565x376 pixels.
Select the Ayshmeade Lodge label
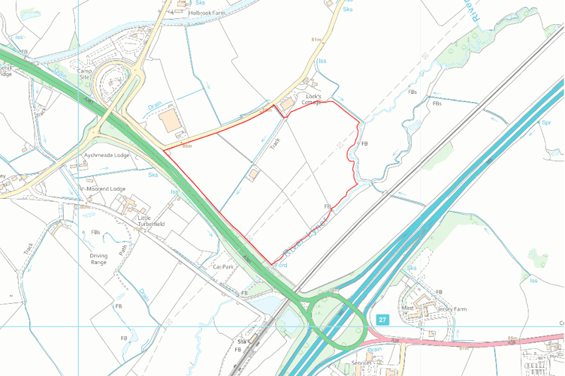(107, 155)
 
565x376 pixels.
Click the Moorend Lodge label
(107, 188)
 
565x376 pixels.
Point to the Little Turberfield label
(151, 221)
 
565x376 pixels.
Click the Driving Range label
(99, 258)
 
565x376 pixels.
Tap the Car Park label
(225, 266)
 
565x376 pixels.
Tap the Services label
(363, 363)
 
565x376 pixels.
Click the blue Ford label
(282, 266)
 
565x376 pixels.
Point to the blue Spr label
(546, 122)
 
